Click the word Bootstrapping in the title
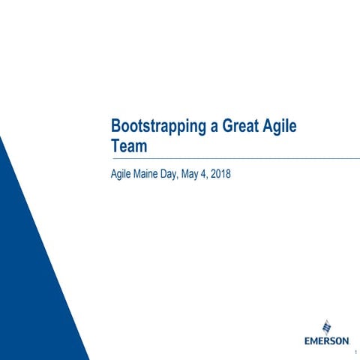point(155,127)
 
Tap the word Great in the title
point(237,127)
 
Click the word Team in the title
point(129,145)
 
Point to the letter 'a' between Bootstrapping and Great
point(209,127)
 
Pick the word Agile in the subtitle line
point(121,175)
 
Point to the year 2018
point(241,175)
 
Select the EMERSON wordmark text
point(326,340)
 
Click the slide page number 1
point(352,352)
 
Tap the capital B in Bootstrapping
point(115,127)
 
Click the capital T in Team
point(115,145)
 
